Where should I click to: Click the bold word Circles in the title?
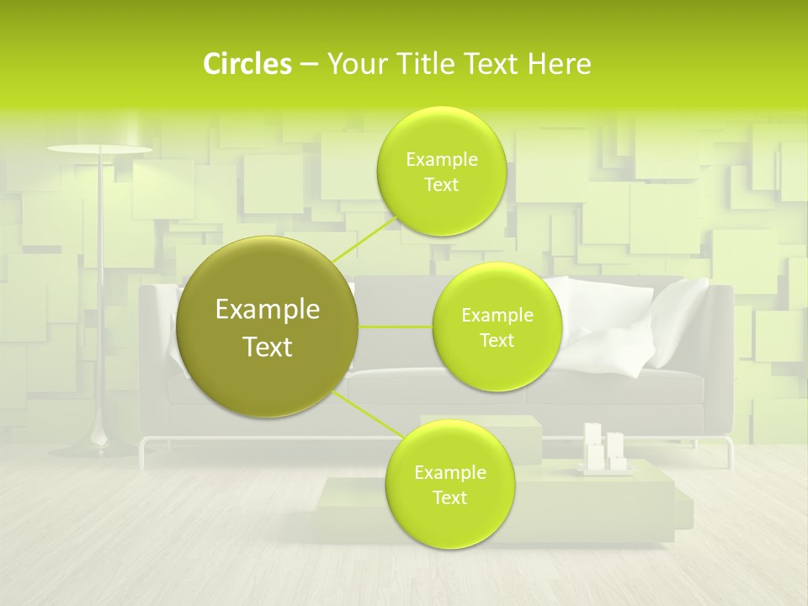pos(247,64)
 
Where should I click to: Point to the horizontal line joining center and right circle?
pos(395,327)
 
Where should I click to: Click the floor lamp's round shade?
pos(100,151)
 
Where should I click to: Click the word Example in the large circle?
pos(268,310)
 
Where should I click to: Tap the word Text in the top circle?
pos(441,185)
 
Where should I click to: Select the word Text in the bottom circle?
pos(449,498)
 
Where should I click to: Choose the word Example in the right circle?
pos(497,316)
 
